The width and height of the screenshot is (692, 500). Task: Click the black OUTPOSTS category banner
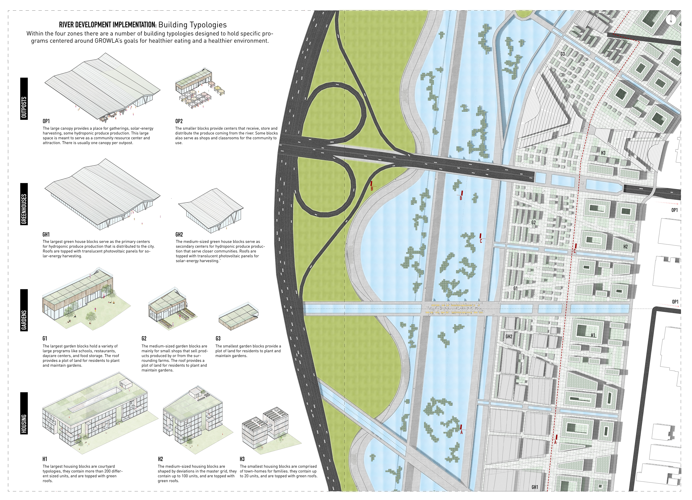pos(24,99)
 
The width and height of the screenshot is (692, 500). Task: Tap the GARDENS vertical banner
pos(24,310)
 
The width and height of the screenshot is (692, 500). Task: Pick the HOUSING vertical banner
pos(24,413)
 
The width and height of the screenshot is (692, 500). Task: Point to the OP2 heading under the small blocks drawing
pos(179,121)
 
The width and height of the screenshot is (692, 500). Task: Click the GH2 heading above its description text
pos(179,234)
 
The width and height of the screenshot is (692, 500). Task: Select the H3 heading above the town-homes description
pos(242,459)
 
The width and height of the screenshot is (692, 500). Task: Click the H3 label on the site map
pos(603,153)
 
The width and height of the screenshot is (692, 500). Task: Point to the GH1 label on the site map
pos(534,487)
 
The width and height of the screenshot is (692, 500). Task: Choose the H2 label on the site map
pos(626,247)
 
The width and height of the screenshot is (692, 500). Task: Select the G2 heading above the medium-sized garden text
pos(144,338)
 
